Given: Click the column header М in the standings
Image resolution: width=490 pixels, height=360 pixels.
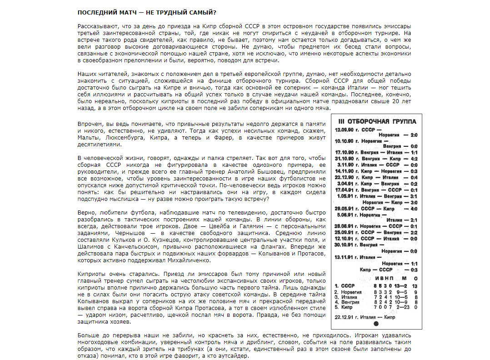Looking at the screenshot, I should tap(404, 278).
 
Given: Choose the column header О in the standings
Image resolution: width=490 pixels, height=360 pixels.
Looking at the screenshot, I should tap(415, 278).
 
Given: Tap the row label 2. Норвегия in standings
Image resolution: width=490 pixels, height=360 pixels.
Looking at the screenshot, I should tap(348, 291).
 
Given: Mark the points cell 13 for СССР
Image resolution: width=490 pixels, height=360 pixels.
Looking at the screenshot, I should tap(414, 285).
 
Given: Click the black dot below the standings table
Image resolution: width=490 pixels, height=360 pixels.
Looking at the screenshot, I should tap(375, 324).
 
